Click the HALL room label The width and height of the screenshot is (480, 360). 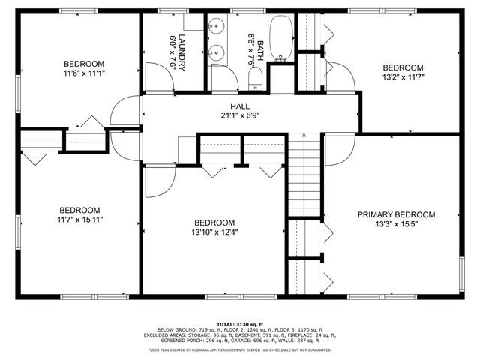pyautogui.click(x=240, y=106)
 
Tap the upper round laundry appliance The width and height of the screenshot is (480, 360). pyautogui.click(x=217, y=28)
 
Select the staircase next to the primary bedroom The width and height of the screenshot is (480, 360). pyautogui.click(x=304, y=172)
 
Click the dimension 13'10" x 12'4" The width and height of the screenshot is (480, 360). pyautogui.click(x=214, y=232)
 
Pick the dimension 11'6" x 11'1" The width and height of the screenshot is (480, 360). pyautogui.click(x=84, y=73)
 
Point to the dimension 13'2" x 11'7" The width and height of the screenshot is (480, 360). pyautogui.click(x=403, y=76)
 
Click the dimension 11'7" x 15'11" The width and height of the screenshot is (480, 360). pyautogui.click(x=80, y=220)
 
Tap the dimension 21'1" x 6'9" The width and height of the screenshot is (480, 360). pyautogui.click(x=240, y=115)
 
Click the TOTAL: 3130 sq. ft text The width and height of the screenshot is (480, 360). pyautogui.click(x=240, y=322)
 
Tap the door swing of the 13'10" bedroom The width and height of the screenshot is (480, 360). pyautogui.click(x=157, y=180)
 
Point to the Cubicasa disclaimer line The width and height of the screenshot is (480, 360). pyautogui.click(x=240, y=349)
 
